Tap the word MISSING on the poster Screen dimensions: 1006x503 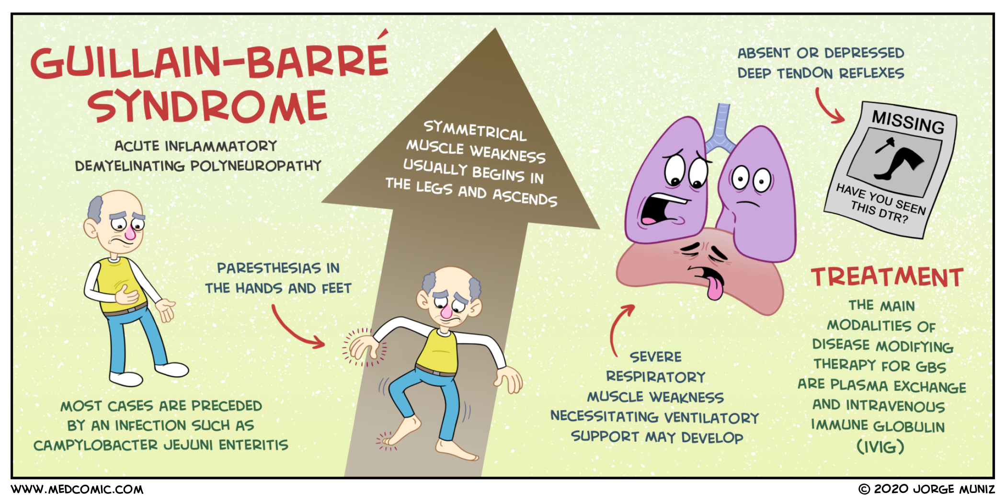[x=908, y=122]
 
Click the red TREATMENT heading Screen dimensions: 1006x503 [x=887, y=277]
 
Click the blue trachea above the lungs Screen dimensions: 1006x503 [x=720, y=127]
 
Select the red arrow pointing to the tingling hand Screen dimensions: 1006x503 [x=295, y=331]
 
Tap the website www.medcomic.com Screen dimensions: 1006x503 [x=77, y=490]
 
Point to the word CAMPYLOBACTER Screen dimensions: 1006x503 [x=96, y=446]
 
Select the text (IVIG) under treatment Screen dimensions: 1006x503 [x=880, y=447]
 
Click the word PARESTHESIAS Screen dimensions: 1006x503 [x=269, y=268]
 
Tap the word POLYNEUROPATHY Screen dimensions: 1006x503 [x=256, y=166]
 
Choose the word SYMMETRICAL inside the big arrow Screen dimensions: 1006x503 [x=475, y=131]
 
